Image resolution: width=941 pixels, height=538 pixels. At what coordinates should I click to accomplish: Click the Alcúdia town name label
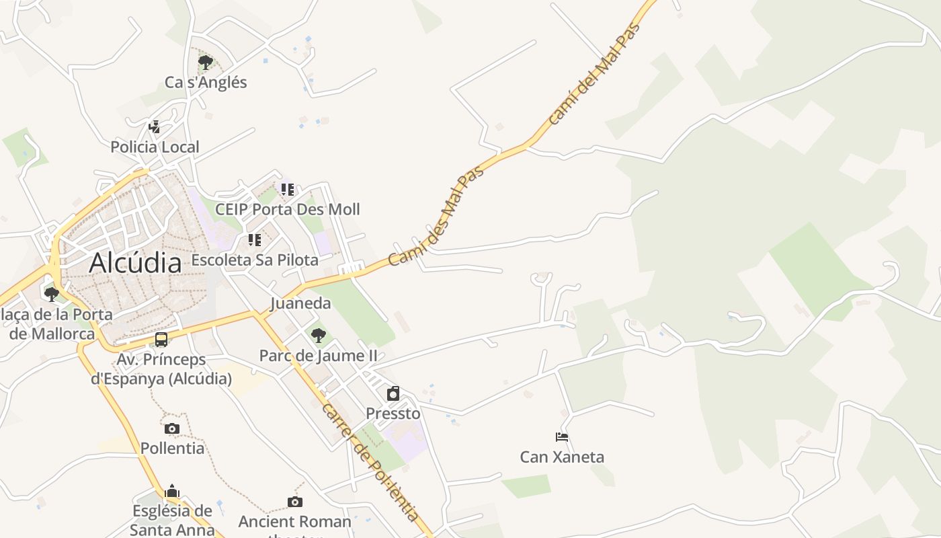135,262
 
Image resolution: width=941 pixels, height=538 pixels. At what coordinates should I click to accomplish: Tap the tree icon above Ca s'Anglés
206,63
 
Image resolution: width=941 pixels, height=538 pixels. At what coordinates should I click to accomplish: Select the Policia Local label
155,147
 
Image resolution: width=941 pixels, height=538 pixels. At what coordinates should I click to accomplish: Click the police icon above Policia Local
155,126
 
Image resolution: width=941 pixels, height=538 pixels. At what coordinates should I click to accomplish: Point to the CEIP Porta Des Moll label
287,209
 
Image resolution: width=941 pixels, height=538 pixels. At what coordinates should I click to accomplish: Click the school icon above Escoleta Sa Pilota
255,240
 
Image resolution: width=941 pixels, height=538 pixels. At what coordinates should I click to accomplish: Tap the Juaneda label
300,303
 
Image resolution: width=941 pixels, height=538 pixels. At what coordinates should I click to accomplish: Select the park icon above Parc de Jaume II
319,335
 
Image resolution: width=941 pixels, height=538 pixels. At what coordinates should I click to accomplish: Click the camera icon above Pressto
393,393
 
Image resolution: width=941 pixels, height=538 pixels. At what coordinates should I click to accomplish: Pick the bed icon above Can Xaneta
562,437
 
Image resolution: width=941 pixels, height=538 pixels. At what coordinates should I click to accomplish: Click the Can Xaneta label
562,457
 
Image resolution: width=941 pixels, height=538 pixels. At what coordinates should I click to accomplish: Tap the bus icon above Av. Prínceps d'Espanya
161,340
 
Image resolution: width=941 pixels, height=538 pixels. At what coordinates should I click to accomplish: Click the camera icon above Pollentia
172,428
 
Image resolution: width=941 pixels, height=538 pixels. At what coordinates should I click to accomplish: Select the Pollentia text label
172,448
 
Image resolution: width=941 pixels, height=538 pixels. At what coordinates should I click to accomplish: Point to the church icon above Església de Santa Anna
172,491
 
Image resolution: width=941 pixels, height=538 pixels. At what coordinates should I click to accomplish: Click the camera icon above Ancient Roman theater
294,502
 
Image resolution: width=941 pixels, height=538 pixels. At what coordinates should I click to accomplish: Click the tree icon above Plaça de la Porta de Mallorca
51,294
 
